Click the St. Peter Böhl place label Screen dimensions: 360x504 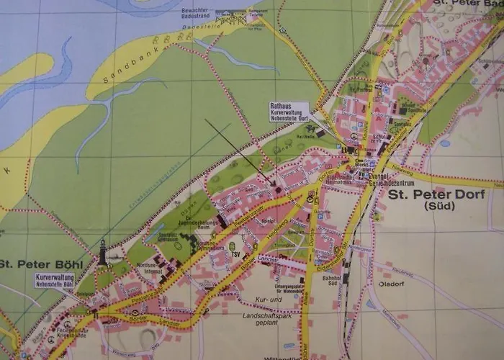tap(42, 264)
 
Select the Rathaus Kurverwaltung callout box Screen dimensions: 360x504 tap(289, 112)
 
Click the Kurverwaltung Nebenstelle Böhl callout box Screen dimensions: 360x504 tap(54, 280)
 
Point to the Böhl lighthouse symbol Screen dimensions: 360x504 tap(103, 252)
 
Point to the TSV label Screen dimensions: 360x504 tap(235, 254)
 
